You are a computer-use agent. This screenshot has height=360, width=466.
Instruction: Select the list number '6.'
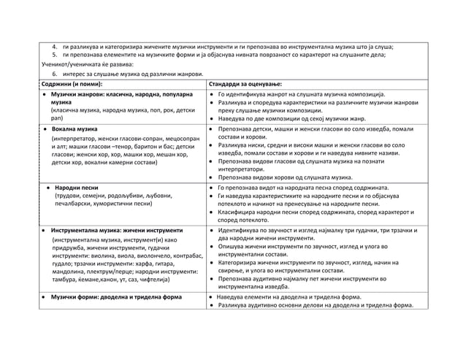point(54,74)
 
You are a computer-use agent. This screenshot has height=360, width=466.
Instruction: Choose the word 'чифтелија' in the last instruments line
point(152,280)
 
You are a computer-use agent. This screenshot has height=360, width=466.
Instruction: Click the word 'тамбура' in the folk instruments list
point(66,280)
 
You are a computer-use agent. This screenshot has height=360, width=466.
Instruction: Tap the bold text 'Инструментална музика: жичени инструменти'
point(117,230)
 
